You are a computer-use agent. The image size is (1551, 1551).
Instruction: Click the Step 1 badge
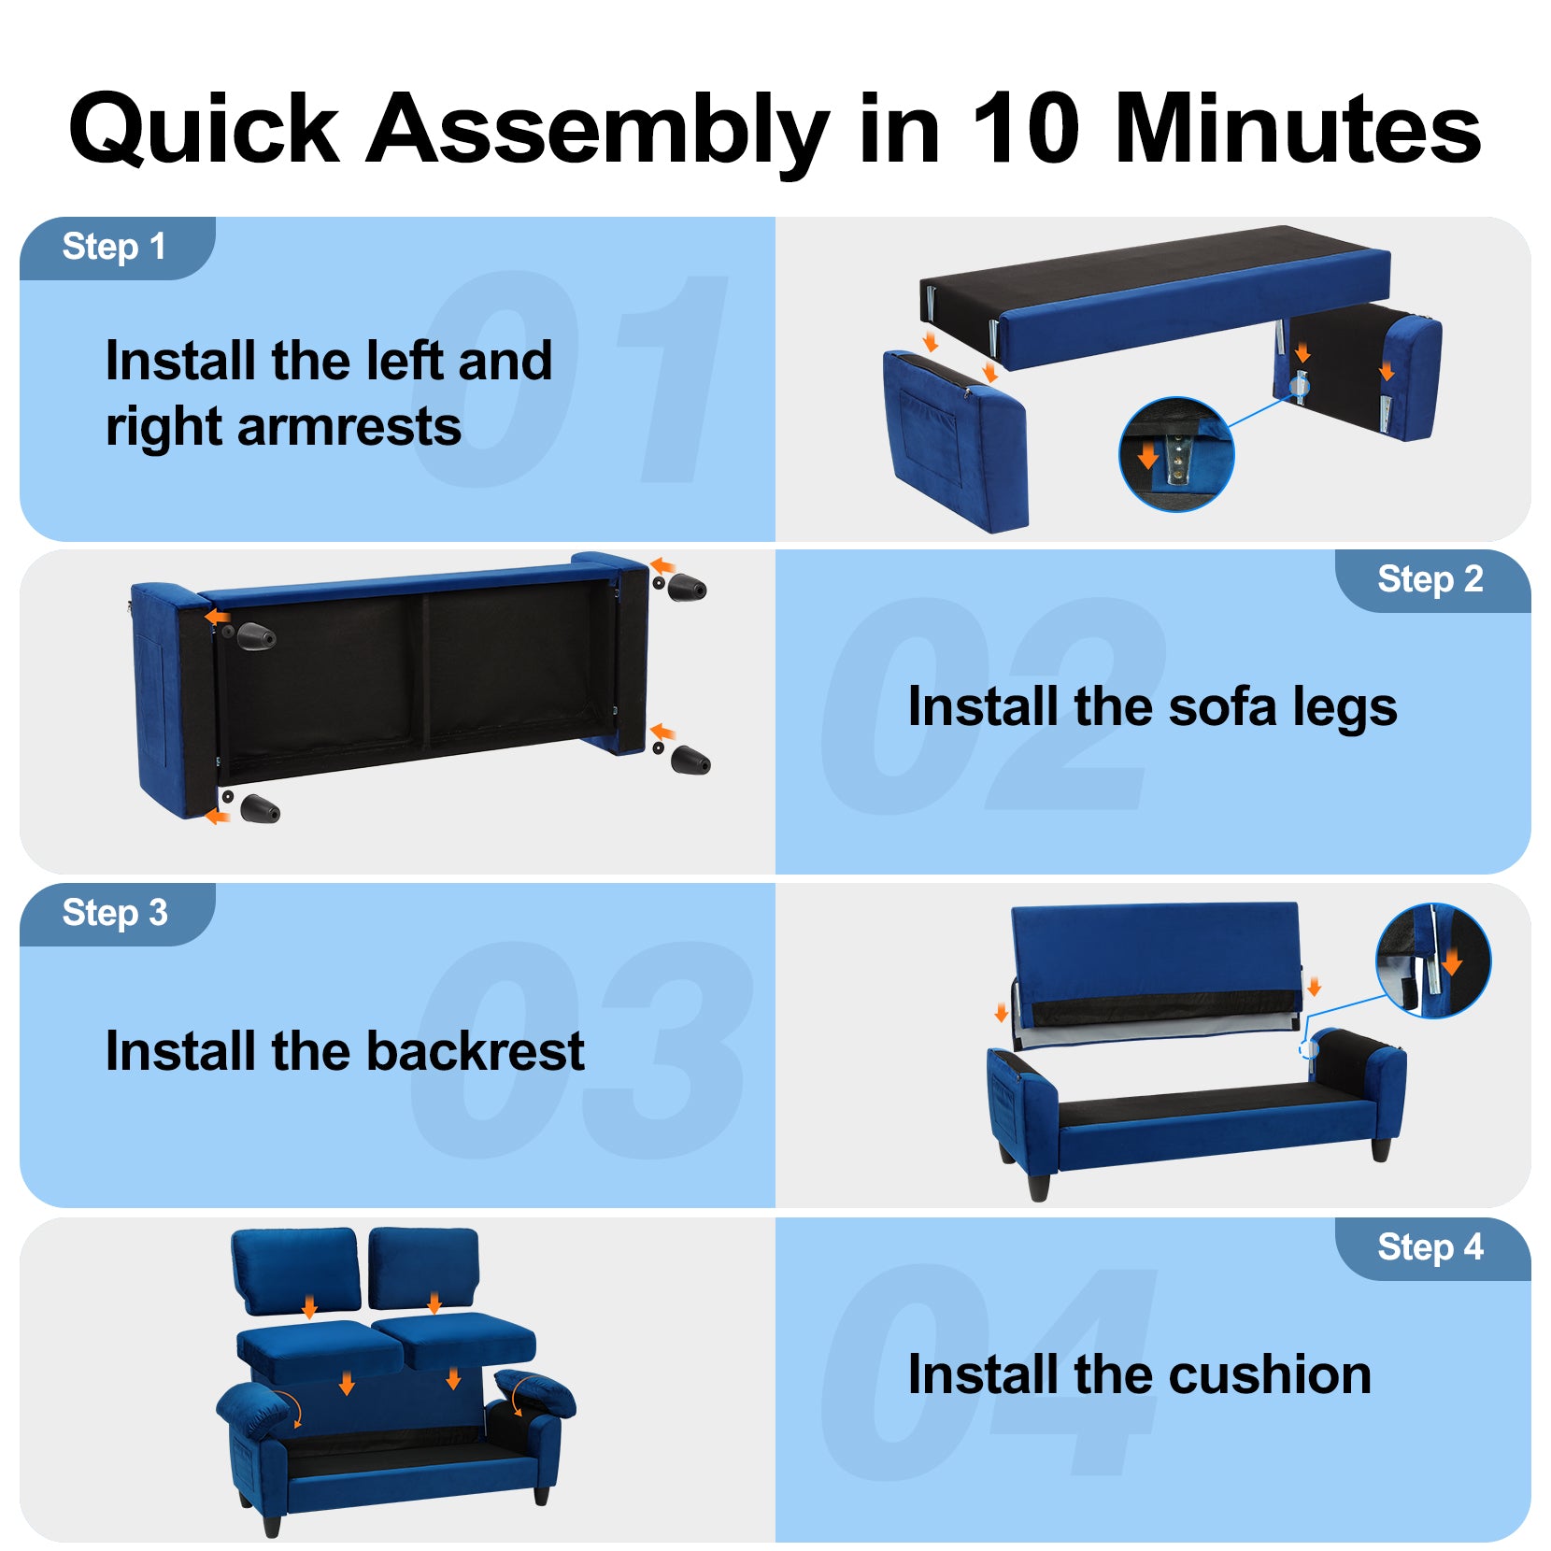(x=117, y=248)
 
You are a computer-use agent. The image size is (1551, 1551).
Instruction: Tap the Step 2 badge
(x=1432, y=580)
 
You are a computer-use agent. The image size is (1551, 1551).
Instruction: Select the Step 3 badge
(x=117, y=914)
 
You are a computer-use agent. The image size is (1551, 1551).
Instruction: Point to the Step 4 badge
(x=1432, y=1248)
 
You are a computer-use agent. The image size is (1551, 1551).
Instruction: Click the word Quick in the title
(x=204, y=131)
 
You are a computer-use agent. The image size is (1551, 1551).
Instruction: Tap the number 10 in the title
(x=1025, y=128)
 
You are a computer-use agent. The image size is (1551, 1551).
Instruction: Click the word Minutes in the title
(x=1298, y=128)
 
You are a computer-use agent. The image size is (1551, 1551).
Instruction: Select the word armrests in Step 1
(x=349, y=427)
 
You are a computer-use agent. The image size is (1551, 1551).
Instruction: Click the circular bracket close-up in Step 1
(x=1176, y=454)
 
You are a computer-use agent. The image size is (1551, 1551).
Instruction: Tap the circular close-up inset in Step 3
(x=1433, y=960)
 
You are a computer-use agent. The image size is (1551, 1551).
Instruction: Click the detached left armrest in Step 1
(x=956, y=439)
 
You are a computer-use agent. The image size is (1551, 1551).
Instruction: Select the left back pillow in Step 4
(x=295, y=1271)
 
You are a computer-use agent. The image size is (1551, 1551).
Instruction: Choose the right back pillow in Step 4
(x=423, y=1269)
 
